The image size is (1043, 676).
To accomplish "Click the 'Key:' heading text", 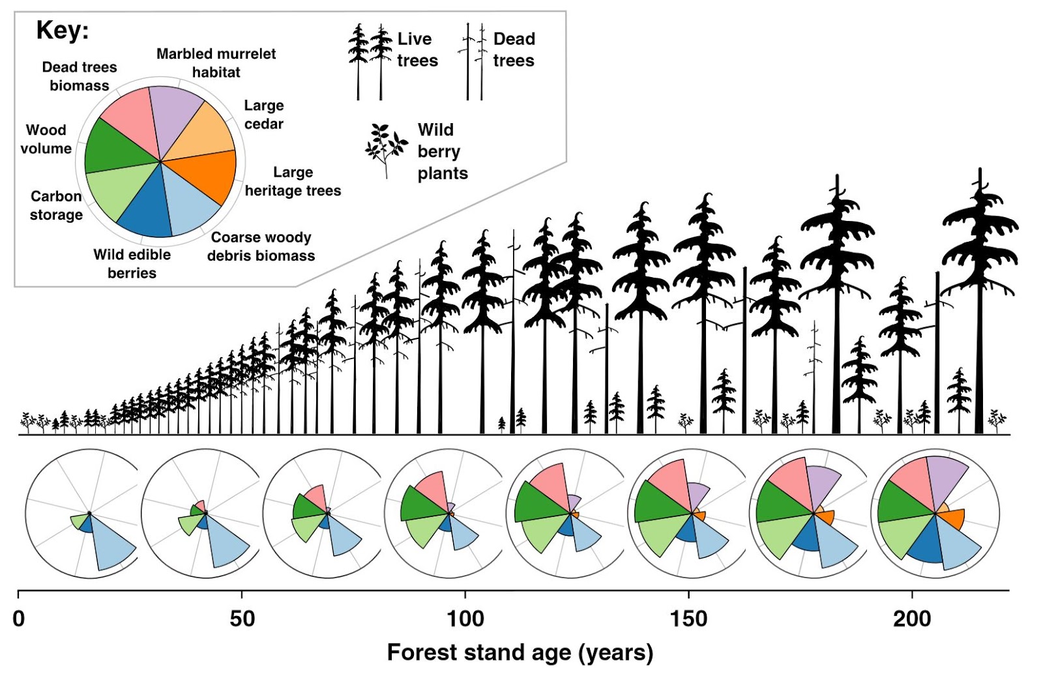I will pyautogui.click(x=63, y=30).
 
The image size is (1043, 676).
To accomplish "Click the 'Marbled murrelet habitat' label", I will pyautogui.click(x=216, y=63).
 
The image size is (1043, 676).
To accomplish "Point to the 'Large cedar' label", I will pyautogui.click(x=264, y=115).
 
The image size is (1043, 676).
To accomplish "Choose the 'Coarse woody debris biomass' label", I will pyautogui.click(x=261, y=246).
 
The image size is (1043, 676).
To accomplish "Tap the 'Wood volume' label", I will pyautogui.click(x=46, y=139).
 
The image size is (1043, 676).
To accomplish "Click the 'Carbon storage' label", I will pyautogui.click(x=56, y=205).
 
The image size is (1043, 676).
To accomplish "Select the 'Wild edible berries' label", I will pyautogui.click(x=132, y=263).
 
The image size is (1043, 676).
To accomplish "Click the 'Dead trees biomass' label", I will pyautogui.click(x=80, y=76).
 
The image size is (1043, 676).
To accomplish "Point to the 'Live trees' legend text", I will pyautogui.click(x=417, y=50).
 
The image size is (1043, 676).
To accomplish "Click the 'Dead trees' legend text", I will pyautogui.click(x=514, y=50).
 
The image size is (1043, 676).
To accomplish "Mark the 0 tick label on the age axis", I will pyautogui.click(x=19, y=618).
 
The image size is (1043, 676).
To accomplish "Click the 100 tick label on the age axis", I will pyautogui.click(x=465, y=618).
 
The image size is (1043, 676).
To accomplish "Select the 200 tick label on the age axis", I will pyautogui.click(x=912, y=618).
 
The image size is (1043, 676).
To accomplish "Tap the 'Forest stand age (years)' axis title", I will pyautogui.click(x=520, y=653).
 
